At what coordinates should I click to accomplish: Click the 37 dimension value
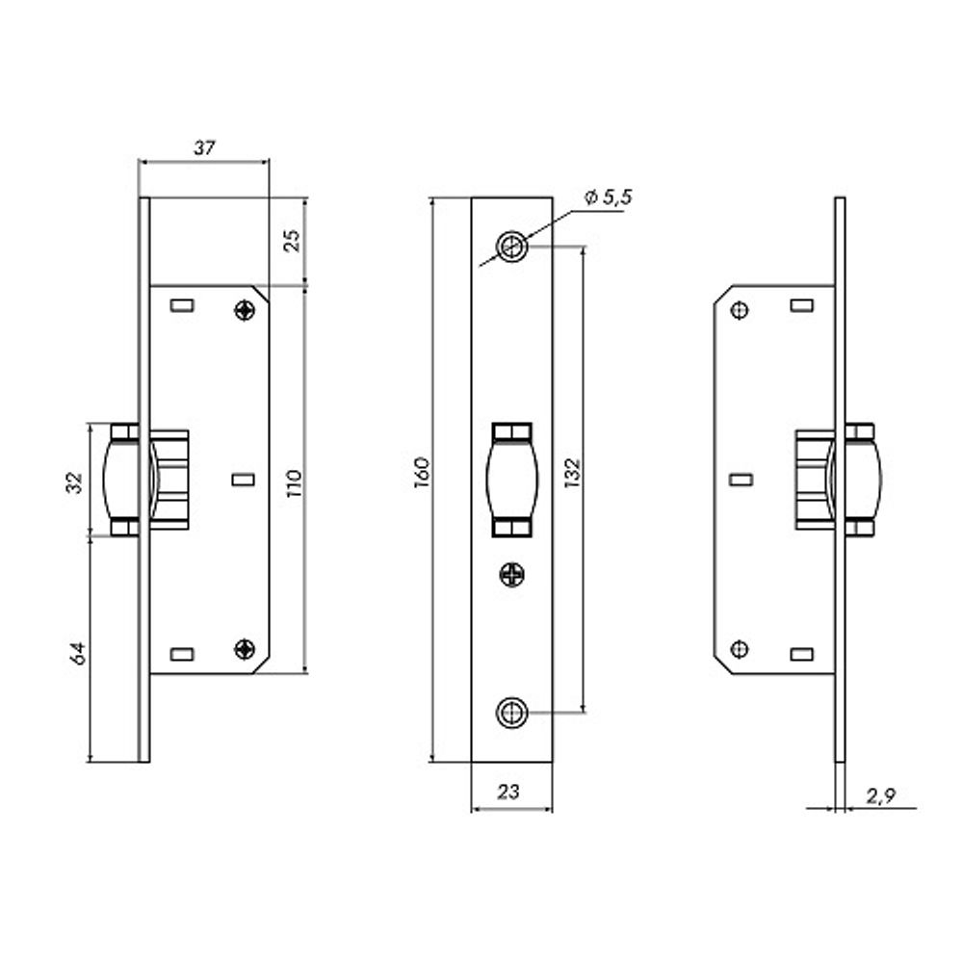(204, 148)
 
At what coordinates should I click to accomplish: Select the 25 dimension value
(293, 240)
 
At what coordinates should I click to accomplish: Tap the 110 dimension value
(294, 483)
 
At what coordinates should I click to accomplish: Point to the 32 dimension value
(74, 482)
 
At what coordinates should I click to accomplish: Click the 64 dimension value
(77, 654)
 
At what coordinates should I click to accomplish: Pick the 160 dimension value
(422, 472)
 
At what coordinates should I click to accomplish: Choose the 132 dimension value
(572, 472)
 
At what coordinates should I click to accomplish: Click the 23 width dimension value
(508, 793)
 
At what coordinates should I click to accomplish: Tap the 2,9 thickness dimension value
(881, 796)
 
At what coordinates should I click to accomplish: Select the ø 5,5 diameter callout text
(608, 197)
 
